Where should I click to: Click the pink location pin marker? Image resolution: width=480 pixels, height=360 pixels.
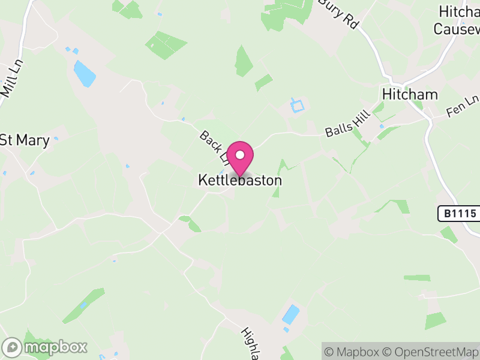coord(240,158)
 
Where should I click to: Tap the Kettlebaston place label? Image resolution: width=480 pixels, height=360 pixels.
coord(240,180)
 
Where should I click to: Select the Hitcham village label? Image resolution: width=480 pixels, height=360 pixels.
coord(410,95)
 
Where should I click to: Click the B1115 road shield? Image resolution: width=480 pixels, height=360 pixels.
coord(456,213)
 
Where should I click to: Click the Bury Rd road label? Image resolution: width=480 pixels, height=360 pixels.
coord(339,13)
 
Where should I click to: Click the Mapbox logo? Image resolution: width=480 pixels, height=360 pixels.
coord(46,347)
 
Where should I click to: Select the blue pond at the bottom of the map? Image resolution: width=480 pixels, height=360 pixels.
coord(290,314)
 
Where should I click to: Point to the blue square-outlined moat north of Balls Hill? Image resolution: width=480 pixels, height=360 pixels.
coord(298,106)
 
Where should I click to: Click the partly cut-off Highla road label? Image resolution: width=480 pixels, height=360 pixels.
coord(251,343)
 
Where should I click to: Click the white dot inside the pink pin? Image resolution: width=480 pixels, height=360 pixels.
coord(240,155)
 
